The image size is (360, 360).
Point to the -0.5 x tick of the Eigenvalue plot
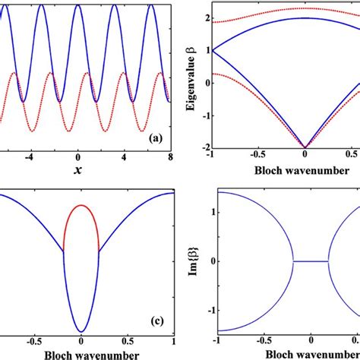tap(263, 158)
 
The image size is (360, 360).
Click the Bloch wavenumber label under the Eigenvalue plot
tap(285, 170)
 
